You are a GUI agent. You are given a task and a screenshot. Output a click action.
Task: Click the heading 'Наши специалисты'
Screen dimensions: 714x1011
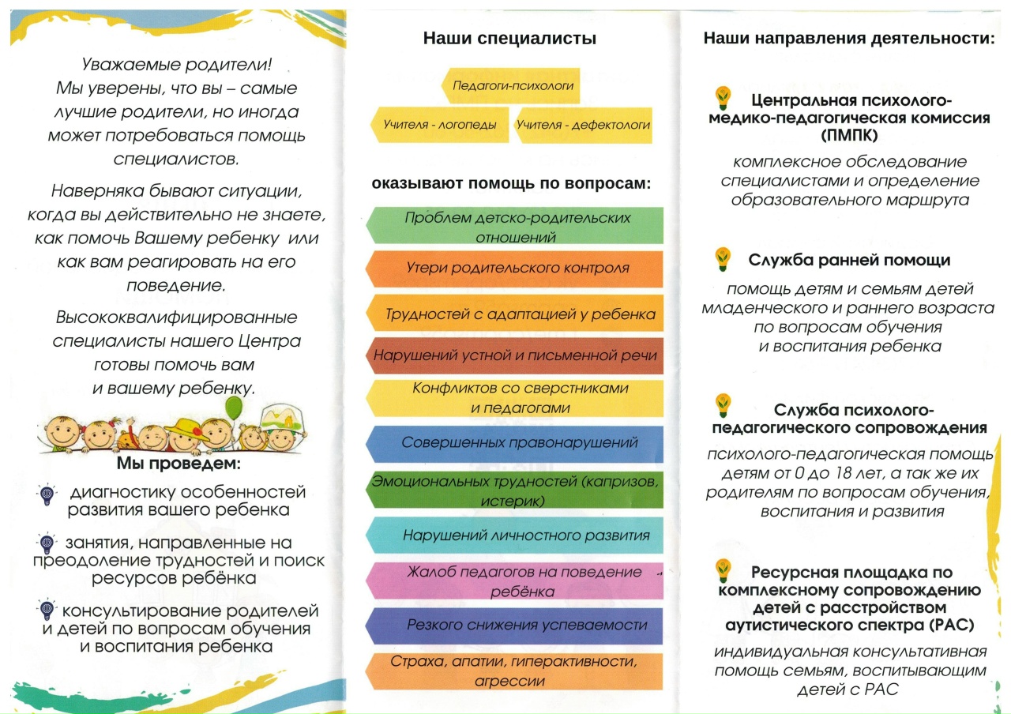pos(509,38)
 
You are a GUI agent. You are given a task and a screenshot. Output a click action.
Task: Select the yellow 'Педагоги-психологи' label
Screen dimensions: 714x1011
pos(513,85)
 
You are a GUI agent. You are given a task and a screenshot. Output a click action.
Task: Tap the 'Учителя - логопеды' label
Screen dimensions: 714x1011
pos(440,125)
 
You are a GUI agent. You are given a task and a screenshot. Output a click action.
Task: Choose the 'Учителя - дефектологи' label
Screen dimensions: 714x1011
pos(584,125)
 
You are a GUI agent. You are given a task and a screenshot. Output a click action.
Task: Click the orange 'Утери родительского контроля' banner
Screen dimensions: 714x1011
pos(517,269)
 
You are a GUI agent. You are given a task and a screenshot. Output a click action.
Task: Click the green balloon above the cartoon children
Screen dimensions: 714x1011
pos(234,408)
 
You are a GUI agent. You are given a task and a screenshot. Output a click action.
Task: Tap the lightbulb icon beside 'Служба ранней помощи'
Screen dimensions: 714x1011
pos(723,257)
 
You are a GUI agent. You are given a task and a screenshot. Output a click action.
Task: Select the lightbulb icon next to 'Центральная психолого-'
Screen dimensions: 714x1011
pos(723,98)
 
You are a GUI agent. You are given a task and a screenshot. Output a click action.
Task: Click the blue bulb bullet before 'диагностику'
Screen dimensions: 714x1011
pos(46,494)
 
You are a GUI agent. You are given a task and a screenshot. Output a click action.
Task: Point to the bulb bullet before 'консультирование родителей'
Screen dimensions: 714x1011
pos(46,610)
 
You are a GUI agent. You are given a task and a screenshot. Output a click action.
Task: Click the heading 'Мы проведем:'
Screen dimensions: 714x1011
pos(179,462)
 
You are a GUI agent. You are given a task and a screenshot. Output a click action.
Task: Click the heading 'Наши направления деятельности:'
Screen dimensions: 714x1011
pos(849,38)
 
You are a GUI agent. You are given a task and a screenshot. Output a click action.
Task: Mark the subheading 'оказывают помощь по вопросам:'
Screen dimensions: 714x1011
pos(511,185)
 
